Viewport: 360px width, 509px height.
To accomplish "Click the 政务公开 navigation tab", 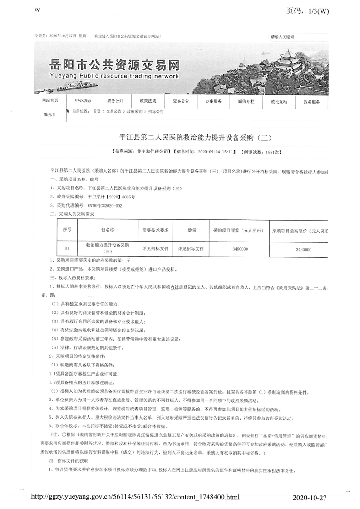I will pos(115,101).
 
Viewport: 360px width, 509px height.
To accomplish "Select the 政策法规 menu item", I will pos(148,101).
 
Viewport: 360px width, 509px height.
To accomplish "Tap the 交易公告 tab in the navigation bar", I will pos(181,101).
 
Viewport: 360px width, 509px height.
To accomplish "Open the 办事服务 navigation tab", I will pos(213,101).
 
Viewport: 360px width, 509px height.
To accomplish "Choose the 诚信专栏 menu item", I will pos(247,101).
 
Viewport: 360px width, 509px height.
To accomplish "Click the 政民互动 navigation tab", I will pos(279,101).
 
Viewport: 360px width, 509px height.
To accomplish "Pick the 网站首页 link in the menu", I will pos(50,100).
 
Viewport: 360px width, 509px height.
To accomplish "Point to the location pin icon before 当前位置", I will pos(68,110).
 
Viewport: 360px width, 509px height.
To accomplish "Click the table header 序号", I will pos(67,231).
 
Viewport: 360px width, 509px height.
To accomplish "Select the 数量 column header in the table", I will pos(191,231).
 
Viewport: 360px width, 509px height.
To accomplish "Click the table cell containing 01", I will pos(67,249).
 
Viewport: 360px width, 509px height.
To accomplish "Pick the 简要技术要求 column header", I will pos(155,231).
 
